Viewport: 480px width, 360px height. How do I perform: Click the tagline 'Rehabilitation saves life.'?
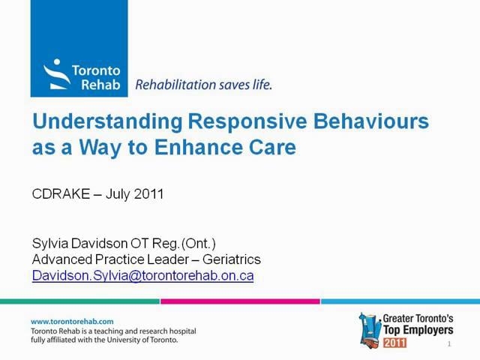[203, 85]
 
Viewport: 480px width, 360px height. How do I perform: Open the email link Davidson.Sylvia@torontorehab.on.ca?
[142, 275]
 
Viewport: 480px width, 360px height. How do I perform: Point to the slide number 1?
[448, 344]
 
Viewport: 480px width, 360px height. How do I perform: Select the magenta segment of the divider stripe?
[240, 301]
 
